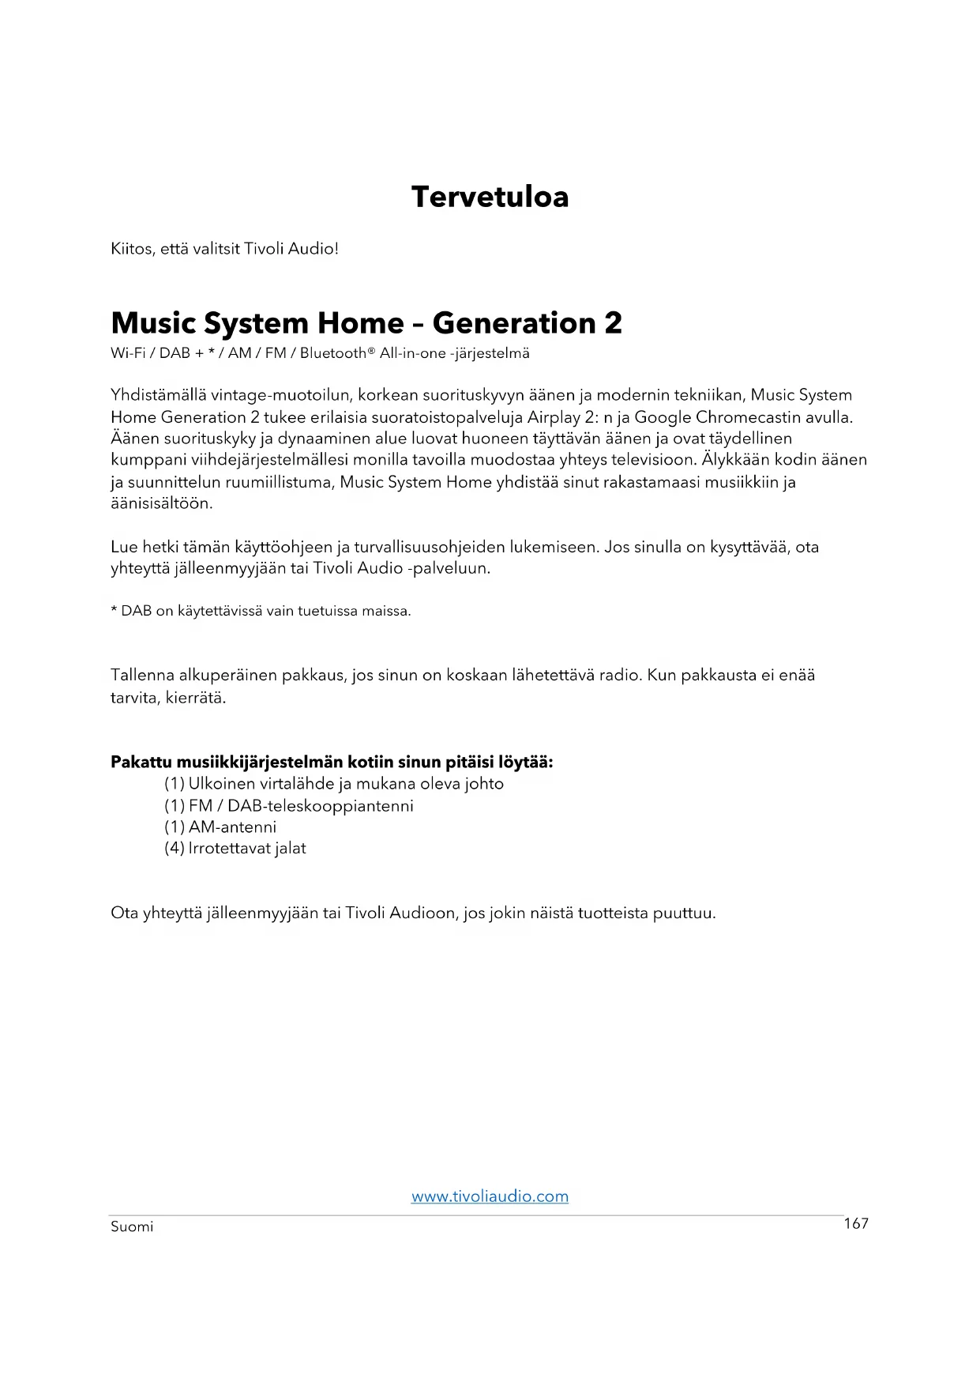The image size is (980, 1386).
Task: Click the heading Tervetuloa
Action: click(x=490, y=197)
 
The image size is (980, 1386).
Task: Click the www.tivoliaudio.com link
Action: click(x=490, y=1196)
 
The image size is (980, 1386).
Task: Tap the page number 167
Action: click(x=856, y=1224)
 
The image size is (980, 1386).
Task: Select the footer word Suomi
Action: click(x=132, y=1227)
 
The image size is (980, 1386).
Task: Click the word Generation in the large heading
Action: click(x=514, y=323)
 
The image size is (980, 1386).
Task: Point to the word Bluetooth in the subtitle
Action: click(x=332, y=353)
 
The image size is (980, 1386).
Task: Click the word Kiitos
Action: click(x=133, y=249)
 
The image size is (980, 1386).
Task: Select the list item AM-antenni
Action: click(x=232, y=827)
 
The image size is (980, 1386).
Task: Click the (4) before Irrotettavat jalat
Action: click(x=174, y=849)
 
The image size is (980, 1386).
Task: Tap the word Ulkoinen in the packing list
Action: click(x=222, y=784)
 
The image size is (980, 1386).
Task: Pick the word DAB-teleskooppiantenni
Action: click(x=320, y=806)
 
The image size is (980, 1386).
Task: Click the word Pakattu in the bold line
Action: click(x=141, y=763)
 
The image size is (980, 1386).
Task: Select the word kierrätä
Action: click(x=196, y=698)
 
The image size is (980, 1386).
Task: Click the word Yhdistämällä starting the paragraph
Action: click(x=158, y=395)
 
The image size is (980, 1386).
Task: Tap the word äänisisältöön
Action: click(x=161, y=503)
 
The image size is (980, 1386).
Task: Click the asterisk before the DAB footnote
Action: click(x=115, y=610)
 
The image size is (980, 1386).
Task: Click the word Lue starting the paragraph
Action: click(x=124, y=547)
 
